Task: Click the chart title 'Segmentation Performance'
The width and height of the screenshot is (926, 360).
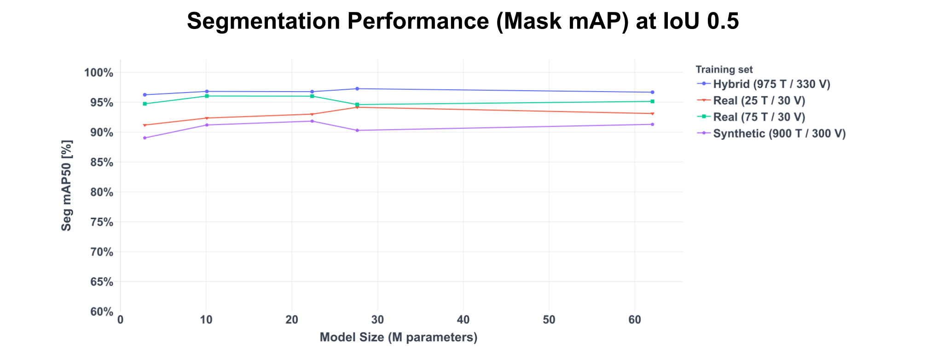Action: [463, 22]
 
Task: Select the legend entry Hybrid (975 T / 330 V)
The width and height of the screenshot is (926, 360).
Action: [771, 84]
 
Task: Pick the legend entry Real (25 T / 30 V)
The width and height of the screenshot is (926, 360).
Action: [759, 101]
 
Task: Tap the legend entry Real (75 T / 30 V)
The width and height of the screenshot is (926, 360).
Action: [759, 117]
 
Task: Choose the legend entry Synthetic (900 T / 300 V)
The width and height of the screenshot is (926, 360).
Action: [779, 134]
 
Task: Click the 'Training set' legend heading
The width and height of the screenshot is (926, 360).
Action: [724, 70]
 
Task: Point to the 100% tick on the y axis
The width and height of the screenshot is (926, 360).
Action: [98, 73]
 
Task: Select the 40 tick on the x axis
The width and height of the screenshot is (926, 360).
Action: [463, 320]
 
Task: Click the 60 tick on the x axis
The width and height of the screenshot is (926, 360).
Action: [635, 320]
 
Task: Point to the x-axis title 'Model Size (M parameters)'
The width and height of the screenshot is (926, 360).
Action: [399, 337]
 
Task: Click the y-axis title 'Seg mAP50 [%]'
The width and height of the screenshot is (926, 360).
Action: [67, 186]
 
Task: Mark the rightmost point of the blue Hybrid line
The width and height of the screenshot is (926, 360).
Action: [652, 92]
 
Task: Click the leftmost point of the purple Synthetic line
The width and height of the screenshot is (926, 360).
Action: [145, 138]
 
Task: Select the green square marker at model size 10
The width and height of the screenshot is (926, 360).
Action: [207, 96]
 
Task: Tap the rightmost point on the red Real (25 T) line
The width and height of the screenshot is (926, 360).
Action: [652, 113]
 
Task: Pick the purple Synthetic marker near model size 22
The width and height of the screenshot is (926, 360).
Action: [312, 121]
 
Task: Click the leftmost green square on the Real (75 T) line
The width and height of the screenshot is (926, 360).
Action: [145, 104]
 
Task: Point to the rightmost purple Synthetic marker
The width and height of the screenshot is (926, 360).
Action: [652, 124]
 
